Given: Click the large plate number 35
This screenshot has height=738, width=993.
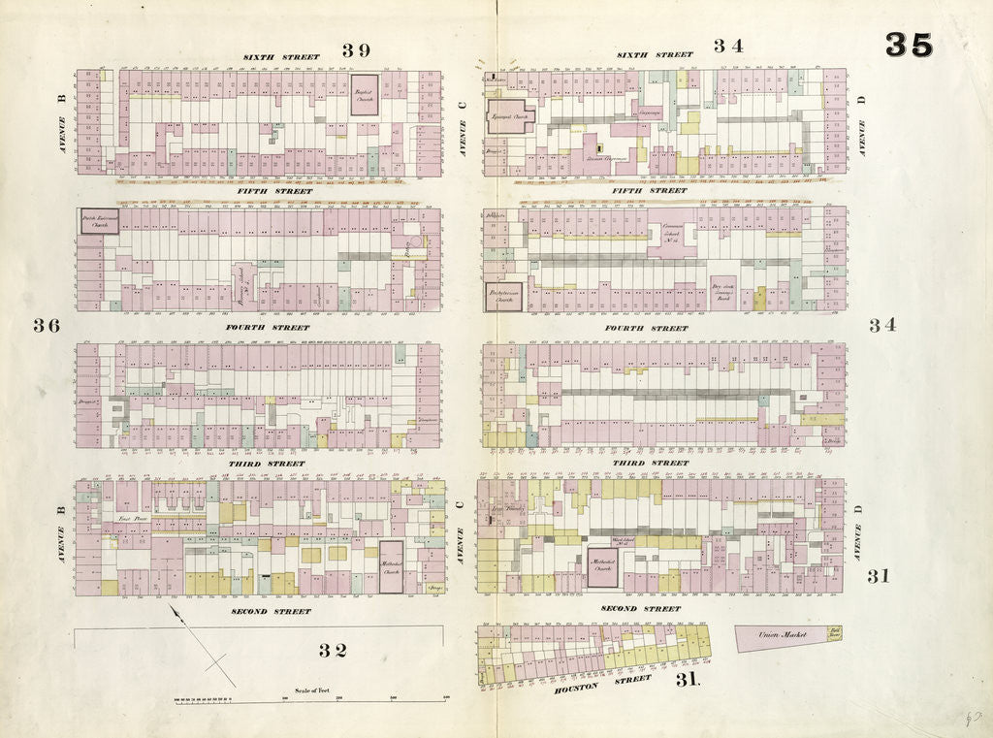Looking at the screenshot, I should tap(909, 45).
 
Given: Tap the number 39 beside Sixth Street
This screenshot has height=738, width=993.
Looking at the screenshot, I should tap(357, 49).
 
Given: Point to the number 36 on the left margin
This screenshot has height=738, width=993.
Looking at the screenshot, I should tap(47, 325).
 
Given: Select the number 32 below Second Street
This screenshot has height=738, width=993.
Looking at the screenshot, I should tap(333, 650).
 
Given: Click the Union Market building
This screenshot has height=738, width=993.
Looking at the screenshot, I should tap(785, 635).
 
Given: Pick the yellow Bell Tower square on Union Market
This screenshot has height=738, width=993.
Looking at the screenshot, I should tap(833, 633).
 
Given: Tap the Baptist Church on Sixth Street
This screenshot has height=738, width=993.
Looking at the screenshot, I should tap(365, 94).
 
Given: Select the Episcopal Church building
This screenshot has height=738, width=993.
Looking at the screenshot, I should tap(511, 116).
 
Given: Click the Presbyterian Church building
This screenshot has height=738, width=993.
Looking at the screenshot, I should tap(503, 297).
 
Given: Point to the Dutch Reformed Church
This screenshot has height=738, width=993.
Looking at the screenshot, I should tap(100, 222).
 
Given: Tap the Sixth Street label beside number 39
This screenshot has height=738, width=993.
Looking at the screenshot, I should tap(281, 57).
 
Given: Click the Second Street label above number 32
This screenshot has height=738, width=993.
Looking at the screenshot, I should tap(272, 612).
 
